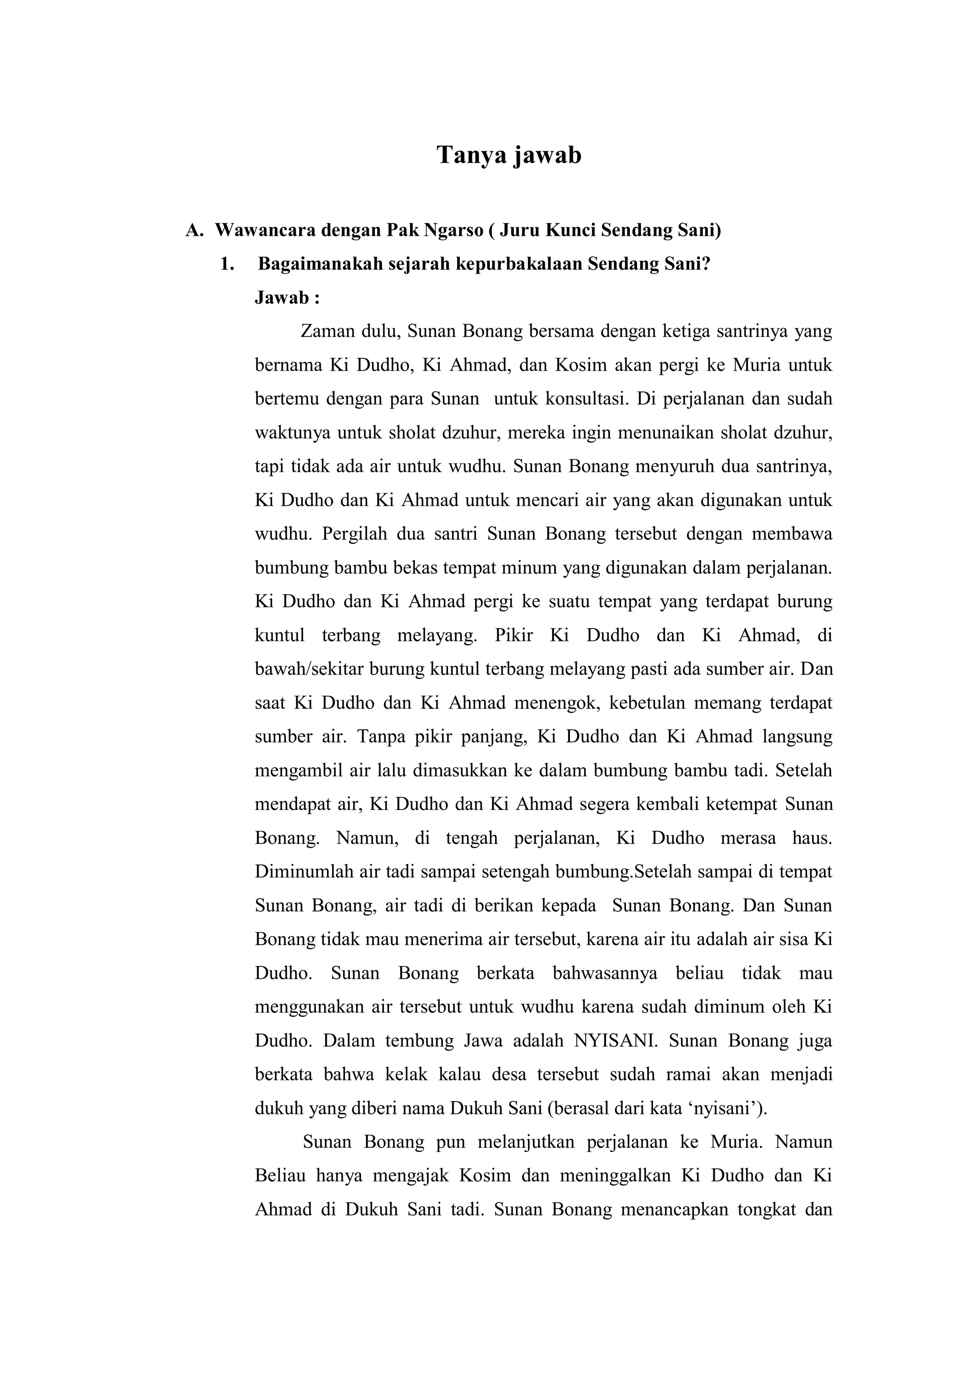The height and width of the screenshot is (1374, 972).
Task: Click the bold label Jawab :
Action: (287, 297)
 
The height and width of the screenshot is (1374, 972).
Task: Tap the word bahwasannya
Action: (605, 973)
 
